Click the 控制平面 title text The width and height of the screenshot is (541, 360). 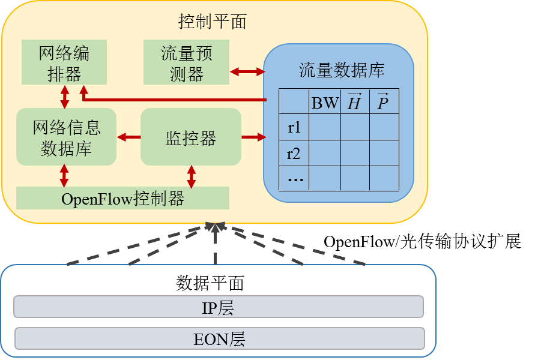[213, 22]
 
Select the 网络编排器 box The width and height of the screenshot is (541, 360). [64, 62]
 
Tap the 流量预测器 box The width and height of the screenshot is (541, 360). [186, 62]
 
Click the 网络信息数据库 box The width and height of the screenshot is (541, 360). [66, 137]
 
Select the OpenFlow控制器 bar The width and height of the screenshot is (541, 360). [122, 198]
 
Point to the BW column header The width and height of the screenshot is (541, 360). [325, 103]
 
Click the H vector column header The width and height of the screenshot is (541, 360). [355, 103]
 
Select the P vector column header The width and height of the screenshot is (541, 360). [384, 103]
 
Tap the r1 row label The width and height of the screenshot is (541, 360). [294, 128]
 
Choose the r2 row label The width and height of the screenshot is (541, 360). [294, 154]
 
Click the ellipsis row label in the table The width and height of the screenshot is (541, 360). [294, 179]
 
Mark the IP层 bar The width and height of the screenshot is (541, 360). [219, 307]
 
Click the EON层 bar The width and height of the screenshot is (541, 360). [219, 339]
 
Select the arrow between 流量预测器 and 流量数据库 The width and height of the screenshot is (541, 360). [248, 72]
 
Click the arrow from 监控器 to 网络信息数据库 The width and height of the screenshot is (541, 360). [128, 137]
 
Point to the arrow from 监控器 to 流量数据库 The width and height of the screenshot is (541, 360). [253, 137]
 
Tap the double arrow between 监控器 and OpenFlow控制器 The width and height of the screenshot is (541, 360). [192, 176]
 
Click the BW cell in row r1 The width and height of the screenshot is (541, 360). [325, 128]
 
